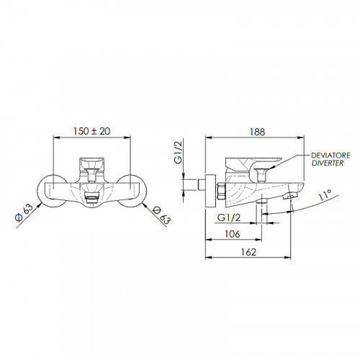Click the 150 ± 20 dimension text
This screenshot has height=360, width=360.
(92, 131)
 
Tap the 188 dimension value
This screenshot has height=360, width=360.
(257, 132)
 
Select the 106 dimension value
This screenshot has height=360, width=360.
(233, 234)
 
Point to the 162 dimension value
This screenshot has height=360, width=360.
(248, 252)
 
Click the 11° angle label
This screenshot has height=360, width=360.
(325, 194)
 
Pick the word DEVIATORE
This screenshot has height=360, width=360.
(330, 156)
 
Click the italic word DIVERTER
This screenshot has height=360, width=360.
(328, 163)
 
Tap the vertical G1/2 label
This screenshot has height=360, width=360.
(178, 153)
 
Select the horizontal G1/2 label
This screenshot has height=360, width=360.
(228, 217)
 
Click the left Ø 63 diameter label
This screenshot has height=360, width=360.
(24, 213)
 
